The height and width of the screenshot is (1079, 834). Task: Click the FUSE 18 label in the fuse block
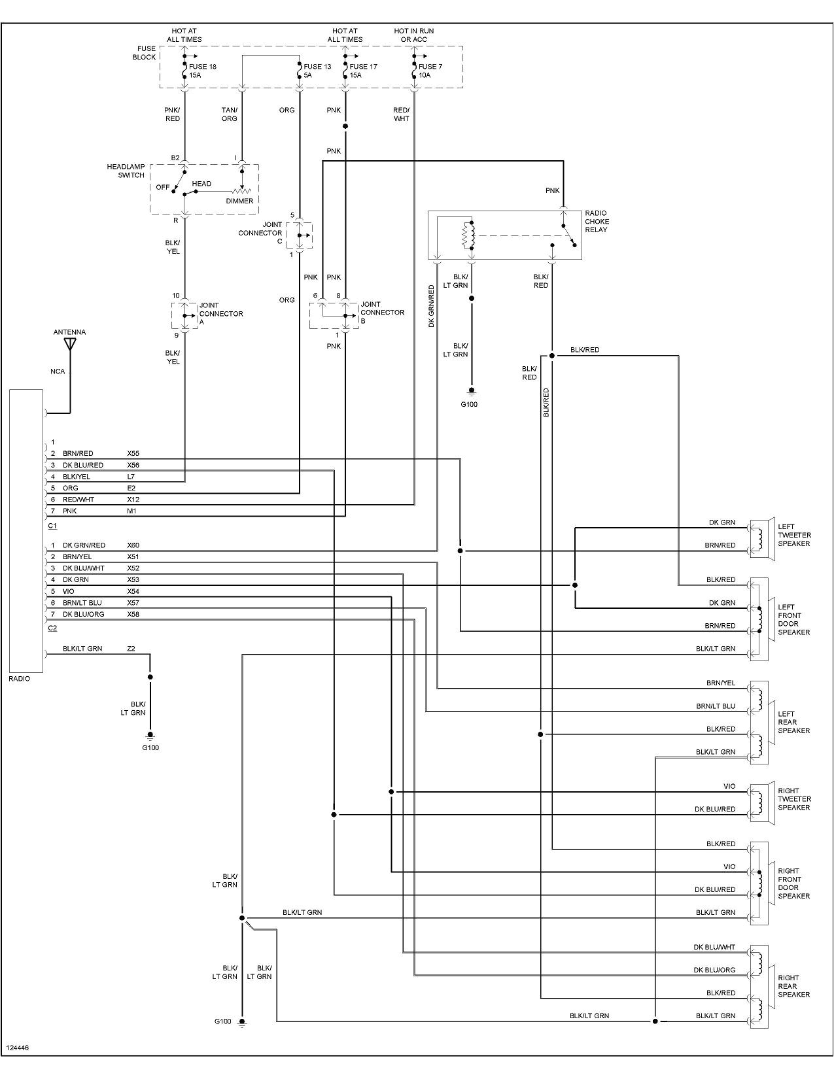(x=203, y=67)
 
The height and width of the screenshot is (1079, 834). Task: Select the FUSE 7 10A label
(x=430, y=71)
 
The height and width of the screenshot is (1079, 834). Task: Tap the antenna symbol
(x=70, y=344)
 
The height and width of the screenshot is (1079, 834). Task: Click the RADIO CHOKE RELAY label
(x=596, y=221)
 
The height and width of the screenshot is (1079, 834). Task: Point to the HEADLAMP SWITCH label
(x=126, y=171)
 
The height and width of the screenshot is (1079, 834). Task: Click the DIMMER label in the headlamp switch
(x=239, y=201)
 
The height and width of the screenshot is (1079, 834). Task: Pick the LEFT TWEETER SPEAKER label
(x=794, y=535)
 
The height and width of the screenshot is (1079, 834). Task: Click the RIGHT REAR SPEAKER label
(x=793, y=986)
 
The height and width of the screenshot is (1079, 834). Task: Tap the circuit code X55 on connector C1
(x=133, y=453)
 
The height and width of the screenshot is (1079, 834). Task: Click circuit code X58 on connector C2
(x=133, y=614)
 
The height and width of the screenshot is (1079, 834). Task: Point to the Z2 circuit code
(x=131, y=649)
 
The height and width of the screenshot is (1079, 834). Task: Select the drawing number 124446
(x=17, y=1048)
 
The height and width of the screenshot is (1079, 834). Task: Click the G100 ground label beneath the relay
(x=469, y=404)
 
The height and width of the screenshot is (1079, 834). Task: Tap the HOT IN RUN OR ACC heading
(x=413, y=35)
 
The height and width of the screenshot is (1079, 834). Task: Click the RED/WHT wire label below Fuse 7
(x=401, y=114)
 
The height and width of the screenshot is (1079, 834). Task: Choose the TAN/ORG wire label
(x=229, y=114)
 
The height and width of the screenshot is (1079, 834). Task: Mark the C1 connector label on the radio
(x=52, y=526)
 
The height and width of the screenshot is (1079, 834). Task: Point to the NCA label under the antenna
(x=58, y=371)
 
